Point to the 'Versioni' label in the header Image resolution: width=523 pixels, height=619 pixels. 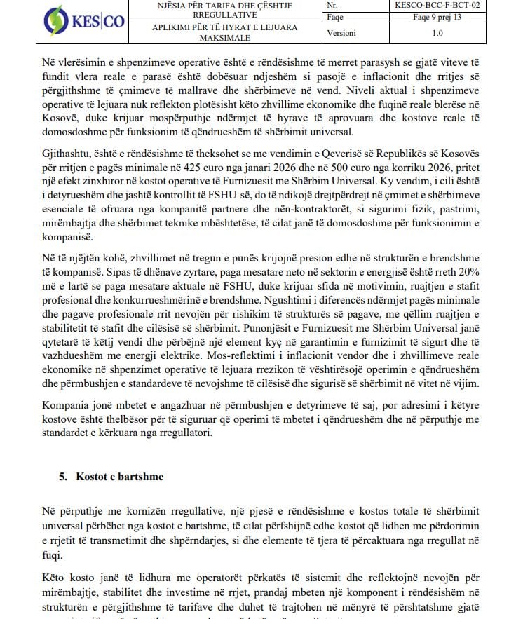pos(342,33)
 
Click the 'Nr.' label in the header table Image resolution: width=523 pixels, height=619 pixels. pos(332,6)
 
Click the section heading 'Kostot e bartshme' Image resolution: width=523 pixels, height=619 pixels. pos(120,477)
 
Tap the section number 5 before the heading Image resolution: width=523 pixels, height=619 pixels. pos(62,477)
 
